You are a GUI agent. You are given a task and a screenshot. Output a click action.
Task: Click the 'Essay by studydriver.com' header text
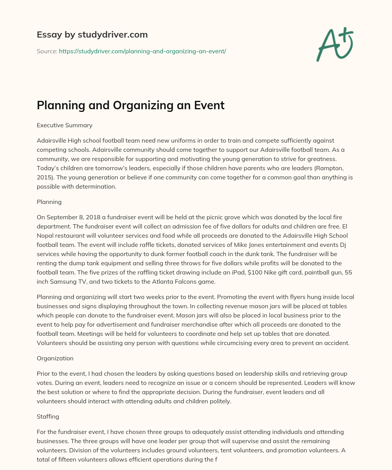point(92,35)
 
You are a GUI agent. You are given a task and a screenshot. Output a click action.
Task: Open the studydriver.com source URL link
point(142,51)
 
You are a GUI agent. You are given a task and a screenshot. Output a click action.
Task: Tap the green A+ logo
point(334,44)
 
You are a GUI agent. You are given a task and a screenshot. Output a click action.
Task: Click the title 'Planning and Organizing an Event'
point(131,105)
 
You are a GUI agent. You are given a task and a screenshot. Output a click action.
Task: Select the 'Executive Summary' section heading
point(64,125)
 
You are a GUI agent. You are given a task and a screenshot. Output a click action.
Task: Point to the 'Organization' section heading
point(55,358)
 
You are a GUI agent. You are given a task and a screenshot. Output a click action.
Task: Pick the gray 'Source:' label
point(47,51)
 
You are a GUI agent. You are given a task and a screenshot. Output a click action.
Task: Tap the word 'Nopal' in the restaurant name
point(46,235)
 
